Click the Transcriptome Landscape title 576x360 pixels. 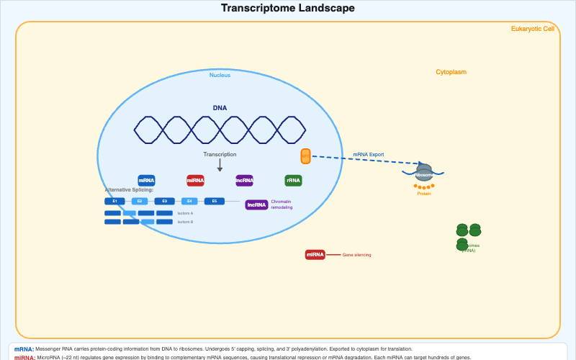point(287,8)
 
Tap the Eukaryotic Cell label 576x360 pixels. point(532,29)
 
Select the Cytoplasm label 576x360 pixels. point(451,72)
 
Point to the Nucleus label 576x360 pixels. point(220,75)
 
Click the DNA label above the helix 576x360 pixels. point(220,108)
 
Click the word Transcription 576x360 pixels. point(220,154)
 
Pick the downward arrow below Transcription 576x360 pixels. point(220,166)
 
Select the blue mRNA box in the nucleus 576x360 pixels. point(147,181)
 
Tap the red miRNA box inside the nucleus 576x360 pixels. point(195,181)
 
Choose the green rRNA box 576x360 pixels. point(293,181)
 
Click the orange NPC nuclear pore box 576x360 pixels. point(305,156)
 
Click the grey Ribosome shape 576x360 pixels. point(424,174)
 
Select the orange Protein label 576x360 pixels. point(424,194)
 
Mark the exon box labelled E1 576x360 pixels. point(114,201)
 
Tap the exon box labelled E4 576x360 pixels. point(189,201)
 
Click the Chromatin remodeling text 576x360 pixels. point(282,204)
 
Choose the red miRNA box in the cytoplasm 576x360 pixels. point(315,254)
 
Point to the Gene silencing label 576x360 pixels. point(356,255)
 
